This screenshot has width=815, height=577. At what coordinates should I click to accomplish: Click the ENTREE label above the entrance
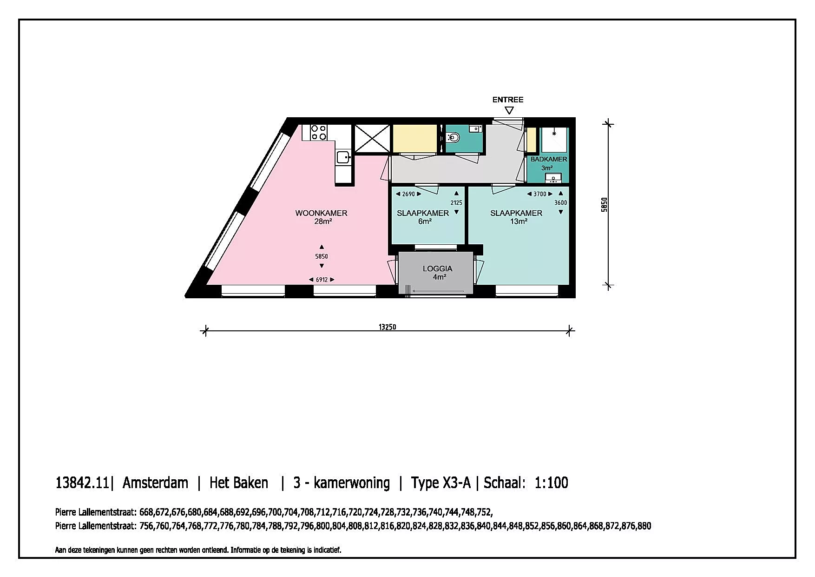508,100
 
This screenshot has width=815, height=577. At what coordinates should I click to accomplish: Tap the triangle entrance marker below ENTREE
509,110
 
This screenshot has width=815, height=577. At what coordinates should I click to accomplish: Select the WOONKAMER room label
321,213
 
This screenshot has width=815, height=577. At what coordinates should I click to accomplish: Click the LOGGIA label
437,268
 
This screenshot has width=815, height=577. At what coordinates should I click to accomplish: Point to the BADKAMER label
549,159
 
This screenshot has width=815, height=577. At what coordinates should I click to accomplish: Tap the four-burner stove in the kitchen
319,132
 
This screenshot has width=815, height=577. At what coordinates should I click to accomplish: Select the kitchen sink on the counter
343,157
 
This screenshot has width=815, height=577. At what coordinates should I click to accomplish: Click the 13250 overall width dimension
387,327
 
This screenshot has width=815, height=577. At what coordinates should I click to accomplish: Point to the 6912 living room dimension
322,280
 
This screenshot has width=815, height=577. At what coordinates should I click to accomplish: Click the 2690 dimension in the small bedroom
408,194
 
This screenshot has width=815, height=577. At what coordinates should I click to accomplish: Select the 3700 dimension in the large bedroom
540,194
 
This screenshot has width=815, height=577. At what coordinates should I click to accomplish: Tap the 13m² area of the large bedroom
519,221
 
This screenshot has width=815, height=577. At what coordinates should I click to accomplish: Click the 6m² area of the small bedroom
425,221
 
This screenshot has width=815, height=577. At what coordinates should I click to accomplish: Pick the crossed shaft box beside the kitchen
372,138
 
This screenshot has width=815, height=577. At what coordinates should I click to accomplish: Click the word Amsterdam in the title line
155,483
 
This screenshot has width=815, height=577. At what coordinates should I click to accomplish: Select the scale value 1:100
551,483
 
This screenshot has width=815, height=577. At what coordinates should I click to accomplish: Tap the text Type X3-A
440,483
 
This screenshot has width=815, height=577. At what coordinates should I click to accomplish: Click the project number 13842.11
82,483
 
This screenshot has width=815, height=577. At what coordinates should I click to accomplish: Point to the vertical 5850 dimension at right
604,205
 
